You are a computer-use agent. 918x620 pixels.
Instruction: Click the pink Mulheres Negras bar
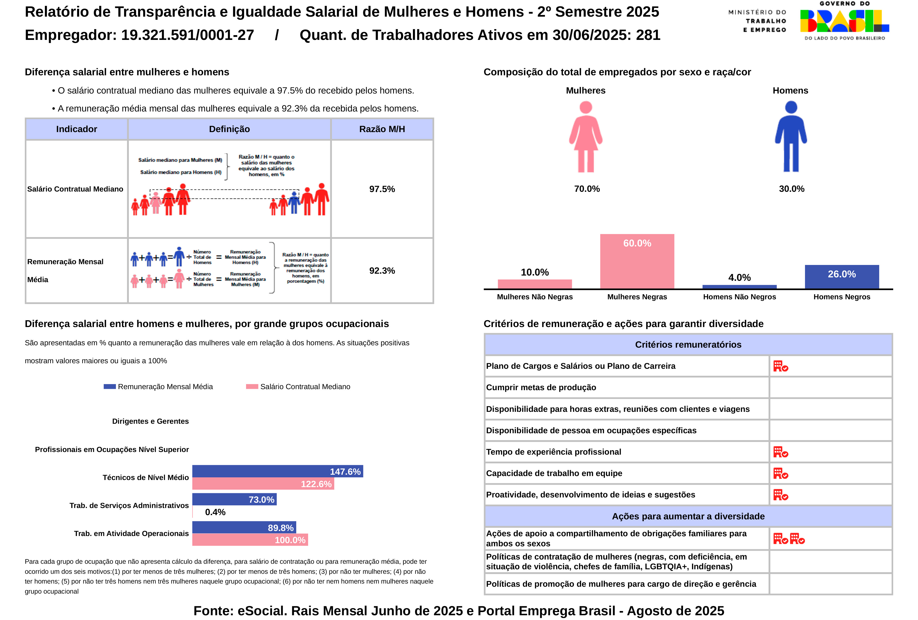point(637,261)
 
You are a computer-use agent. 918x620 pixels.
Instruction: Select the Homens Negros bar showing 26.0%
point(841,277)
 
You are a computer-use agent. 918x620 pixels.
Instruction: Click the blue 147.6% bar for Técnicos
point(277,471)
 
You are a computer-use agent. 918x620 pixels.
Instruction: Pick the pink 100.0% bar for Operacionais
point(250,539)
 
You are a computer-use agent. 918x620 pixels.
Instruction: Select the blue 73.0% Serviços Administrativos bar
point(234,499)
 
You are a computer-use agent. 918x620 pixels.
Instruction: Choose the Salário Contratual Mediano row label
point(75,189)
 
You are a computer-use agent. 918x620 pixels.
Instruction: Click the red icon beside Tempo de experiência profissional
point(780,452)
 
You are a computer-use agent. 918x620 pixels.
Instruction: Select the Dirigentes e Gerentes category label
point(150,421)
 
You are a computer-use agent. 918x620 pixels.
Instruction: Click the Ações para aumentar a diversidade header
point(688,516)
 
